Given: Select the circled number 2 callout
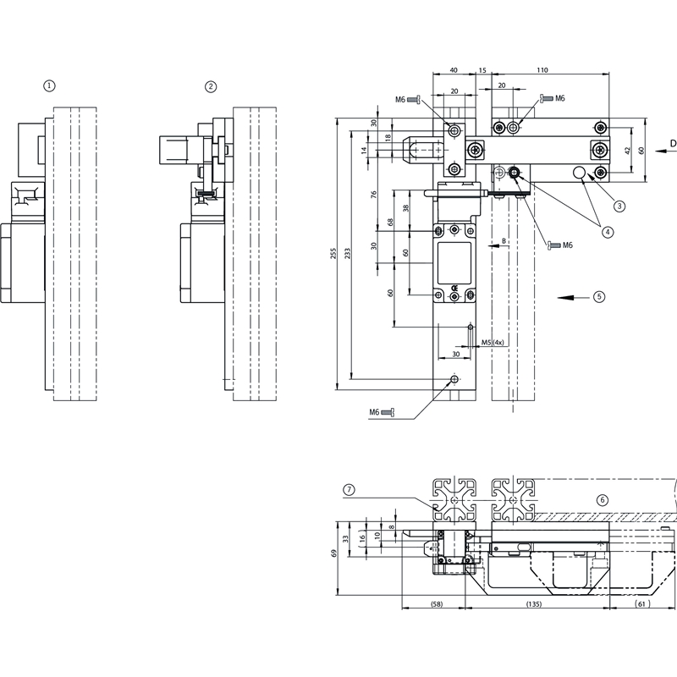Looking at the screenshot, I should point(211,85).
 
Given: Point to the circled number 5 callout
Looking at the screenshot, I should point(599,296).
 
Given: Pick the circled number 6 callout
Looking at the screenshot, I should point(603,499).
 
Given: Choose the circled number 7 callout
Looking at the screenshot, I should point(349,489).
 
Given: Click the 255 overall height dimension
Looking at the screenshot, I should point(333,253).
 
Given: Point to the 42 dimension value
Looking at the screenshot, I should point(628,150).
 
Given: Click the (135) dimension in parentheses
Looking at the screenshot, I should point(534,603).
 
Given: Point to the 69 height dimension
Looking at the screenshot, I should point(333,553).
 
